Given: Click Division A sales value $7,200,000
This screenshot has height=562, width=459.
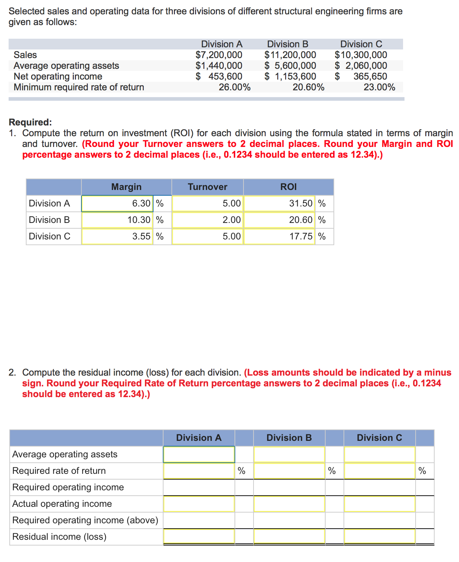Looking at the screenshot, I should (219, 55).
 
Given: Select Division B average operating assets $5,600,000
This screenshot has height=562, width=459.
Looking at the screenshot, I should (290, 66).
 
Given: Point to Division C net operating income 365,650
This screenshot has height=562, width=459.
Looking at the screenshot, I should (370, 76).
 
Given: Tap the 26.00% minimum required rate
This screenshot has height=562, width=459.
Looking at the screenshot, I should (235, 87).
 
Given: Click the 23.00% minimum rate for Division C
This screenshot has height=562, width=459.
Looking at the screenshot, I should (379, 87).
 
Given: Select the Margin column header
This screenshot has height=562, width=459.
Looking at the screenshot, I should (126, 187).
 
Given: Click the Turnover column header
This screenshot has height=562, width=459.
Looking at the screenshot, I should (207, 187).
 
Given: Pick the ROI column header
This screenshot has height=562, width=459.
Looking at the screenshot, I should (288, 187).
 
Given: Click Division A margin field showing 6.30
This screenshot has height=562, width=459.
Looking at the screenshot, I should (118, 204).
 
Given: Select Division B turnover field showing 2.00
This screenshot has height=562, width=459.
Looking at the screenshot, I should (208, 220).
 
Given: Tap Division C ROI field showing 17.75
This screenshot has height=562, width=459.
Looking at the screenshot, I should (279, 237).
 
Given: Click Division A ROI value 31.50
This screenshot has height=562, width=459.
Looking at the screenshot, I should (279, 204).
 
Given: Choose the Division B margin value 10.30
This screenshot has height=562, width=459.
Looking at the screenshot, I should (118, 220).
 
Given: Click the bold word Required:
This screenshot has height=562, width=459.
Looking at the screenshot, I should (30, 122).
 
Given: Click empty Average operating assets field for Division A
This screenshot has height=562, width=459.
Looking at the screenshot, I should (199, 454).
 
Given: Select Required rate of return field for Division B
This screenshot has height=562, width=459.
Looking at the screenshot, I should (289, 471).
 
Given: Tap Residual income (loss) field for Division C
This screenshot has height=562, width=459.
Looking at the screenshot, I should (379, 537).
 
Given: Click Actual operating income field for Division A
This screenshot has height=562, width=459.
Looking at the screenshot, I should (199, 504).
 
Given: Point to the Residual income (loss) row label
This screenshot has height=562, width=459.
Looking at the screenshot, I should (60, 537).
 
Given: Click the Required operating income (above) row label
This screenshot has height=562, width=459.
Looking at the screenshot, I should (85, 520).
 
